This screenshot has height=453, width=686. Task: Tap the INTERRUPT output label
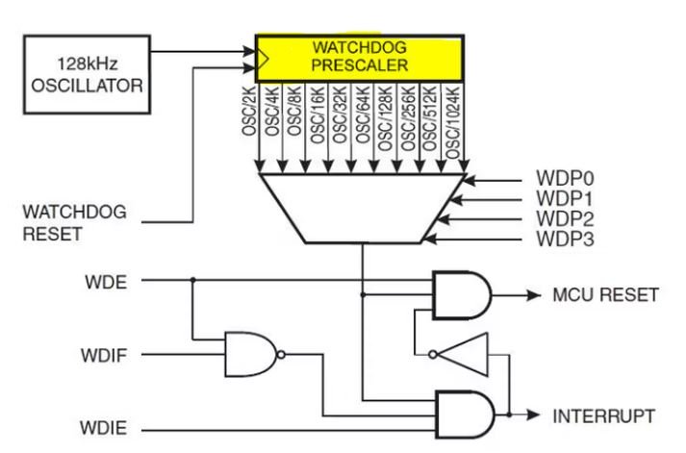[604, 416]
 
